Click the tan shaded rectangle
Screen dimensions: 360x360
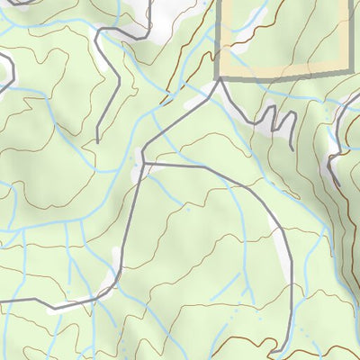281,36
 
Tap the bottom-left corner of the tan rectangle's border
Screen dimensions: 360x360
219,78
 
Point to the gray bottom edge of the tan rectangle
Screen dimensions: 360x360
281,75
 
